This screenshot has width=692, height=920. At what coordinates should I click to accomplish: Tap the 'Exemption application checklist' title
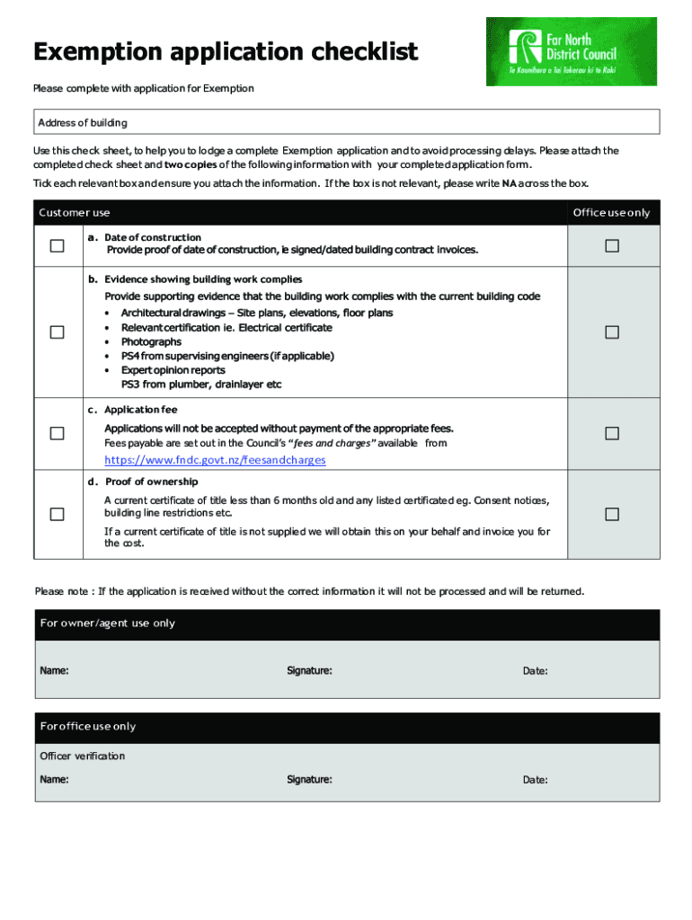click(226, 53)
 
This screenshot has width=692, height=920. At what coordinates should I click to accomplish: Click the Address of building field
click(346, 122)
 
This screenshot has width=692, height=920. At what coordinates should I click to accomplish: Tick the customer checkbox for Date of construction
click(57, 246)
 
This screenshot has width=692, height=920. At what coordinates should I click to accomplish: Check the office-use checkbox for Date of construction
click(612, 246)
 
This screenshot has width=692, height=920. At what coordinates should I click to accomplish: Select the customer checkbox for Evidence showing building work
click(57, 332)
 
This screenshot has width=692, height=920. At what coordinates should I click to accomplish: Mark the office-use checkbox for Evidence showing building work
click(612, 332)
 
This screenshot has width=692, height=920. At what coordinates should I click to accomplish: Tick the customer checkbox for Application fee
click(57, 433)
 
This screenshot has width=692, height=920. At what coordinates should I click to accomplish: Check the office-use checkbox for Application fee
click(612, 433)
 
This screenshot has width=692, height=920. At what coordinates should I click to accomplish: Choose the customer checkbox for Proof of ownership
click(57, 514)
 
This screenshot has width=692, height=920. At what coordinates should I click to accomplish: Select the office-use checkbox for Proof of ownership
click(612, 514)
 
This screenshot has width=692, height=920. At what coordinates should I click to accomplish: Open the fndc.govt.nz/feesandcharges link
click(215, 460)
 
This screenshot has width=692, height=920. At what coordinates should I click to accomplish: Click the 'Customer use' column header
click(75, 213)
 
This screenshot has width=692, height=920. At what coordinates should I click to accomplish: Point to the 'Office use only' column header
click(611, 213)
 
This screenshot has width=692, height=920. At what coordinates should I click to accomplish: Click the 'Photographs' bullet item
click(151, 342)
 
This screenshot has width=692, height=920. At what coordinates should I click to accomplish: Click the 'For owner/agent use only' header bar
click(346, 624)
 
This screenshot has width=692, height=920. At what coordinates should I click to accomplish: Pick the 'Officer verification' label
click(83, 756)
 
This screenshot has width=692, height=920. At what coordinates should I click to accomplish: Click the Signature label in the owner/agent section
click(309, 671)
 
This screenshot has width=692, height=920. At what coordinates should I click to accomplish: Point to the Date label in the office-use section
click(536, 780)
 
